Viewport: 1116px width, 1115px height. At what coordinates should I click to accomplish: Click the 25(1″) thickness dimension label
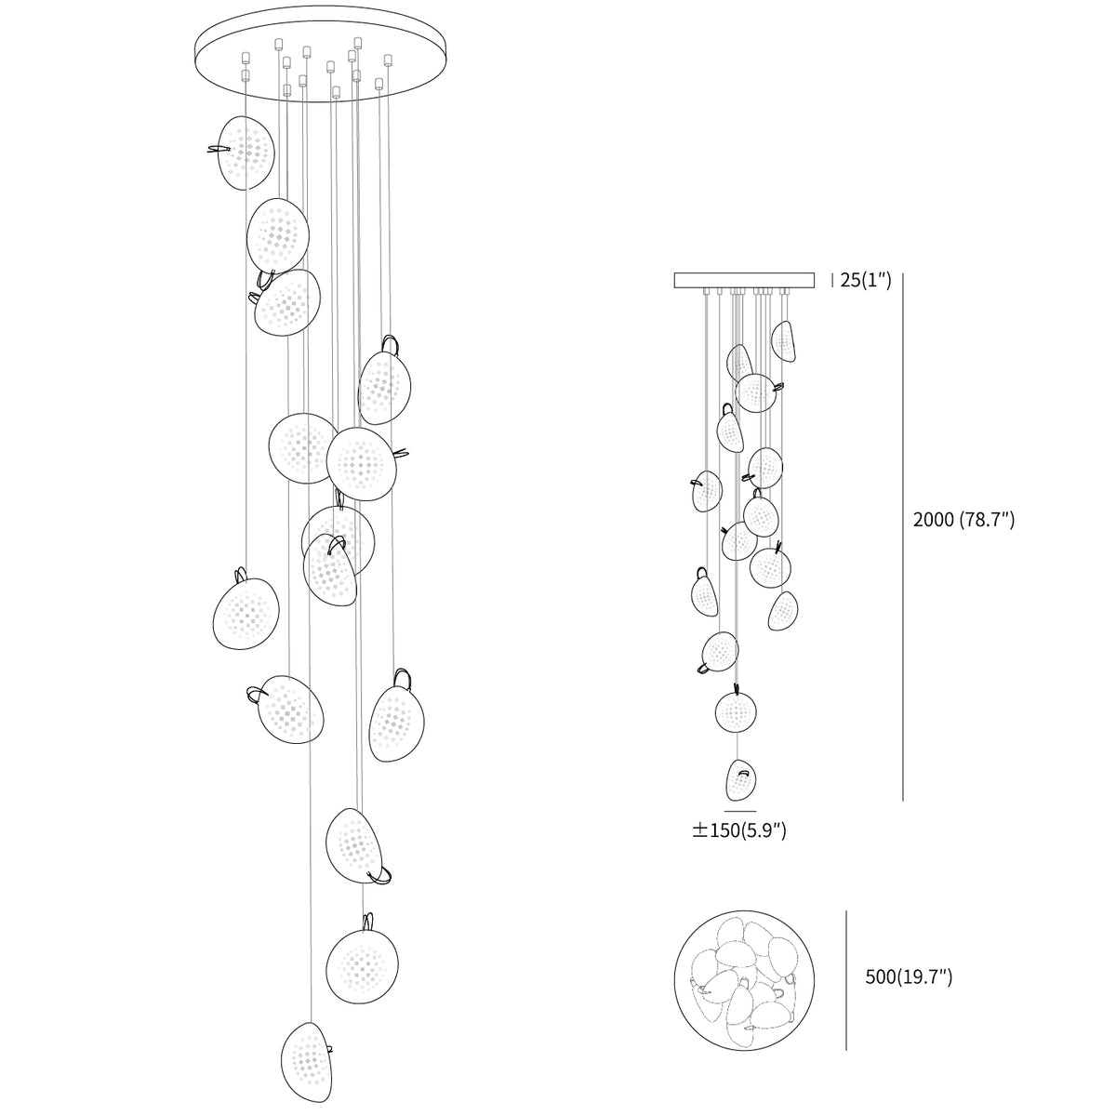866,280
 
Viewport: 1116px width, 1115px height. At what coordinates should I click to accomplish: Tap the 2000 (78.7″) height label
963,520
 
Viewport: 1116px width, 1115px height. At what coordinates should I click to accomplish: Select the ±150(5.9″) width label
739,830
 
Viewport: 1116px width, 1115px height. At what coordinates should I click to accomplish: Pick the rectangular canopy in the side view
744,280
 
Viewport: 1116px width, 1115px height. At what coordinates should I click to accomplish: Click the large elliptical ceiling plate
321,53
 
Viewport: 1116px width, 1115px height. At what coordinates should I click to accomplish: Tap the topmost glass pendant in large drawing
246,153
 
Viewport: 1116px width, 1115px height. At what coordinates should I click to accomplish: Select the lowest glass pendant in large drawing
306,1069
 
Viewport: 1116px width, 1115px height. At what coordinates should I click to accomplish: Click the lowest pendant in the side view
740,779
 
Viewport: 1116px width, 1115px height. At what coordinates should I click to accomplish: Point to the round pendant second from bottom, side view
736,711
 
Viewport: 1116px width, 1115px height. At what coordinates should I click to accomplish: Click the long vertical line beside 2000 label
903,537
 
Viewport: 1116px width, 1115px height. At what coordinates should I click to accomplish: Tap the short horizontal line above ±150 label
740,812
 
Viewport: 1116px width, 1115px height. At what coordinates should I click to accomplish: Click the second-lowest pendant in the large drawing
362,964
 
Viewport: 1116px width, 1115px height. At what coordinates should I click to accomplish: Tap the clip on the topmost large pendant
219,150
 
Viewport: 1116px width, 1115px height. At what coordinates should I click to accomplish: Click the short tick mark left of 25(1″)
832,280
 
